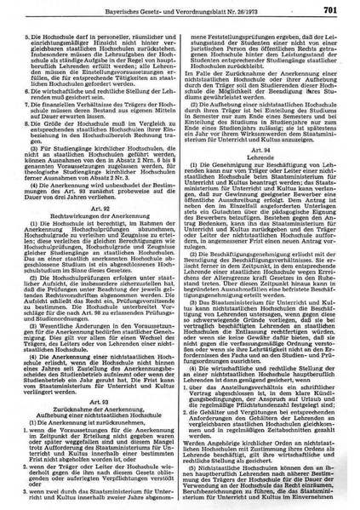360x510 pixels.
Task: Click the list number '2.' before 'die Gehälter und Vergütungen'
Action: pos(195,427)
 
